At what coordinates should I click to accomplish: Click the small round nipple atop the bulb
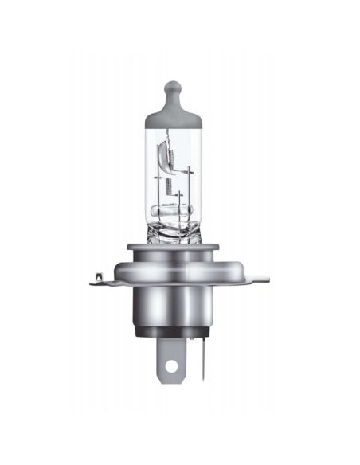pos(174,86)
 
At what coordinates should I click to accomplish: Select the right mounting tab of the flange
pos(259,278)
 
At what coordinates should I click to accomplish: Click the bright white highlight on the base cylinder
pos(156,307)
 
